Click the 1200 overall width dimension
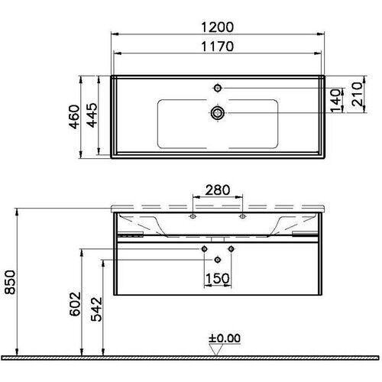click(x=217, y=25)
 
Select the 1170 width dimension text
click(x=217, y=46)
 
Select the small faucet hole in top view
click(x=218, y=89)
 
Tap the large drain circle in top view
click(x=218, y=113)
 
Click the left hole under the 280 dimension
click(x=193, y=218)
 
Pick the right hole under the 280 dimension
click(x=243, y=218)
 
